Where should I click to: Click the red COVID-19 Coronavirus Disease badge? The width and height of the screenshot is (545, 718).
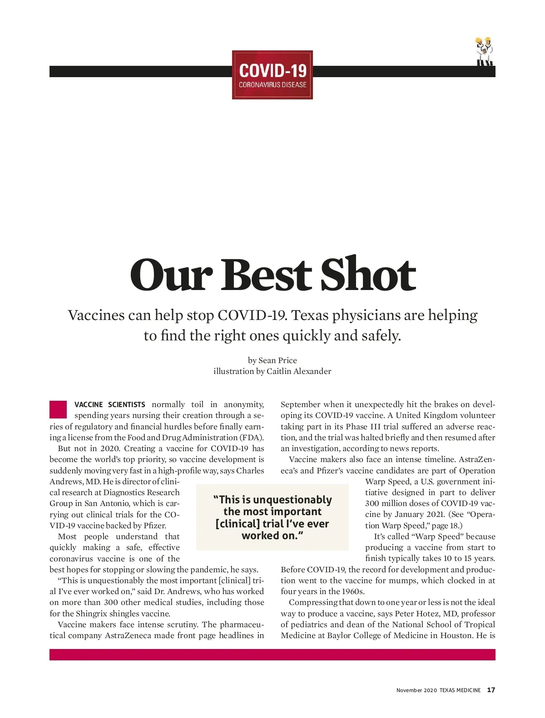[x=272, y=75]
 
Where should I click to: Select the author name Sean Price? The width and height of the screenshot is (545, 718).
[x=277, y=360]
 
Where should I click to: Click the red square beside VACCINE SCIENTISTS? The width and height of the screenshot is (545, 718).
[x=58, y=409]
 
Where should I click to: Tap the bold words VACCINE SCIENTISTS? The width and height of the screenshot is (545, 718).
[x=110, y=404]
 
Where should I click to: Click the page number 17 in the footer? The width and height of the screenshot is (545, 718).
[x=491, y=690]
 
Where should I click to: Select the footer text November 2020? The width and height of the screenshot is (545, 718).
[x=416, y=690]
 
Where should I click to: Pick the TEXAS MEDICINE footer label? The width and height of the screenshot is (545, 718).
[x=460, y=690]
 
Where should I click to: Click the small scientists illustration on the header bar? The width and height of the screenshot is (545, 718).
[x=484, y=52]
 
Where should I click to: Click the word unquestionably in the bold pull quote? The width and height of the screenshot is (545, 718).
[x=292, y=500]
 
